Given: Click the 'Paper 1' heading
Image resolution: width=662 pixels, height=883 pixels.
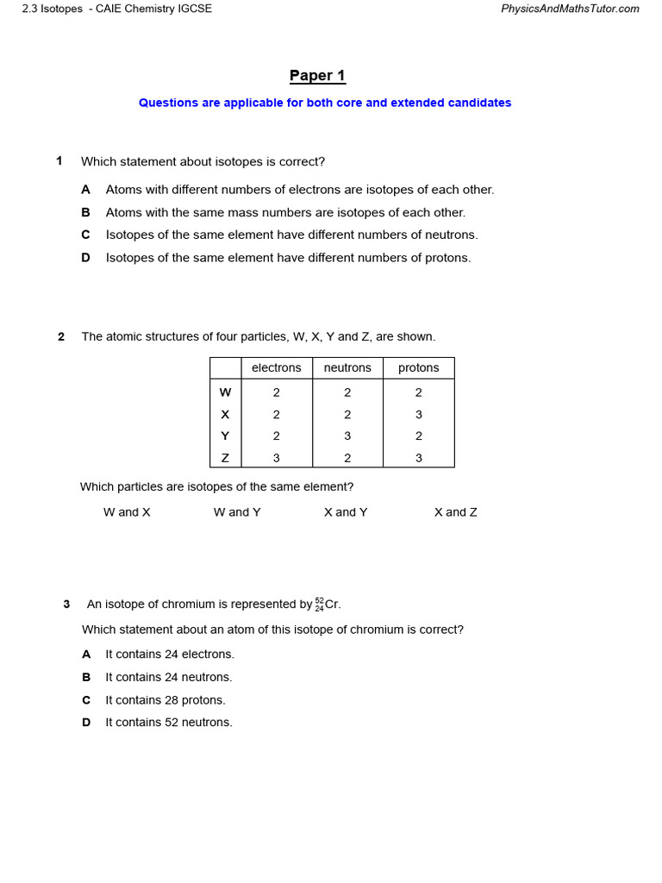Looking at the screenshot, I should (317, 76).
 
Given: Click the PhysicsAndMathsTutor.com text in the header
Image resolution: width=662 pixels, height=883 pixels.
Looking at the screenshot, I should (570, 9).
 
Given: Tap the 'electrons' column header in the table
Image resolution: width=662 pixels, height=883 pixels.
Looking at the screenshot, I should (276, 368).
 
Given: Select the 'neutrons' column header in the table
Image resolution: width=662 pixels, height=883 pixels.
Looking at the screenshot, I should (347, 368).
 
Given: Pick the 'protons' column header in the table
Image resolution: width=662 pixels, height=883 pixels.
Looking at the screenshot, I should (418, 368).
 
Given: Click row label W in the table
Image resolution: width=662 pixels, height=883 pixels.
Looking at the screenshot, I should (225, 392).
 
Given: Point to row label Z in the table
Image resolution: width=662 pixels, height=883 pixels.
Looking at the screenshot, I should (225, 458).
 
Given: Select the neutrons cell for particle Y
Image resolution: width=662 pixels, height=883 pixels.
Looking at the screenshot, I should (347, 436).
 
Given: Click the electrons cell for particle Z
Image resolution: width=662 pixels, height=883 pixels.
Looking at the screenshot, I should (276, 458).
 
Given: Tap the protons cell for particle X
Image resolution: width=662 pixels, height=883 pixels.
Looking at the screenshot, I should (418, 415).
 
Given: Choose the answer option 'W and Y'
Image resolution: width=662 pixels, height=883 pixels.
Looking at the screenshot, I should (237, 512).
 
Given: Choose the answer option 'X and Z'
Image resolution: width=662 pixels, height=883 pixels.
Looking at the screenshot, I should (455, 512).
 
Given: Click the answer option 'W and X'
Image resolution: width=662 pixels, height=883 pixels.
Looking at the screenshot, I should (127, 512).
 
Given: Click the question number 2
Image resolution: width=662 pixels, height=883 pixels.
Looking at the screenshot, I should (61, 337).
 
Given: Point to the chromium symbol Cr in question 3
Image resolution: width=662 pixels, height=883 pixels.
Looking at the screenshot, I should (333, 604).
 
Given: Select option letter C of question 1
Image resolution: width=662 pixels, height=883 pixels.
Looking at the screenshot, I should (85, 235).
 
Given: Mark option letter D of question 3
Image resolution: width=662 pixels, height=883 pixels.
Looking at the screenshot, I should (86, 723).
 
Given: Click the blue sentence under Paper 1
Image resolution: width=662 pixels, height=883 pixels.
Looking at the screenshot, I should (325, 103).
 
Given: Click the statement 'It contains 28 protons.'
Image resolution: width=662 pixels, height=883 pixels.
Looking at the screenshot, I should (165, 700).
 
